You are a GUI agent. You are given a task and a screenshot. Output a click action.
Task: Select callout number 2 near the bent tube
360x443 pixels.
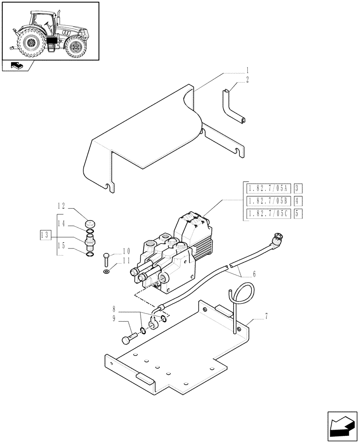click(x=247, y=80)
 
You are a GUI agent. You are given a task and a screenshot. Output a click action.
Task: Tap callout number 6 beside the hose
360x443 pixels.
click(x=253, y=274)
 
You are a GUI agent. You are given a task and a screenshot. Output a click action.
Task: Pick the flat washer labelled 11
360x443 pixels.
click(x=106, y=270)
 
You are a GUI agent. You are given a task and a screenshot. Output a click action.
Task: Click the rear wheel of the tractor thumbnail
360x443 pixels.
click(x=30, y=43)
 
